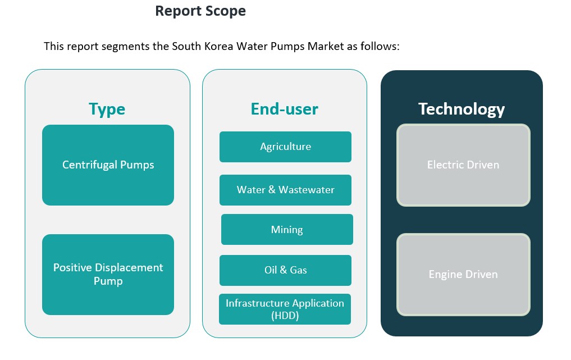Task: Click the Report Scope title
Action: [200, 11]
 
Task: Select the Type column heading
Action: [107, 109]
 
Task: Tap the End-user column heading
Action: [284, 109]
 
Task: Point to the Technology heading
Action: [462, 109]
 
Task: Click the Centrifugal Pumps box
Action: [108, 165]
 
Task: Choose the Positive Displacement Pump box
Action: [108, 274]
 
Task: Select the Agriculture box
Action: [285, 147]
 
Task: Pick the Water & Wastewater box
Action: [285, 190]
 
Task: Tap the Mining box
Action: [287, 229]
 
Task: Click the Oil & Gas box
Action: [285, 270]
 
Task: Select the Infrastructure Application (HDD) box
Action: [285, 309]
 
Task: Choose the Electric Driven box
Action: [463, 165]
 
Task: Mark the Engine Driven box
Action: [463, 275]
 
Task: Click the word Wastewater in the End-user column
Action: [307, 190]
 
